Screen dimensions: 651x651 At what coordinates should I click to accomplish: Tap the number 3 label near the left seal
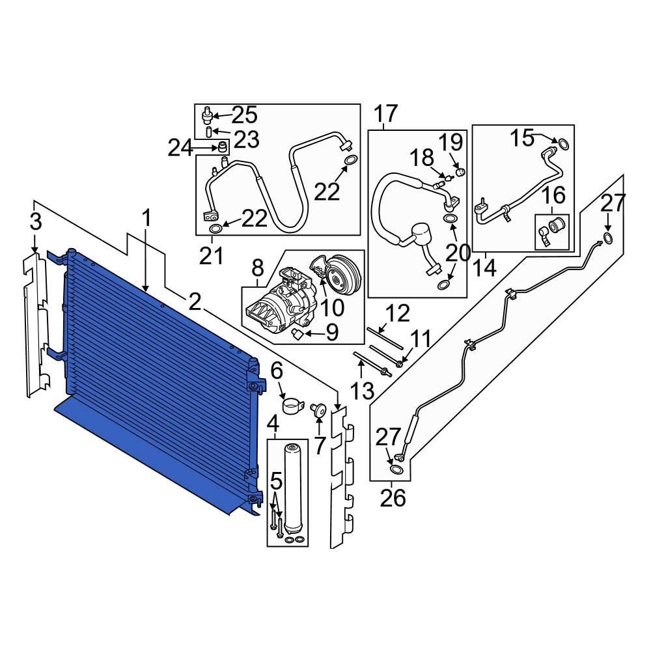click(36, 221)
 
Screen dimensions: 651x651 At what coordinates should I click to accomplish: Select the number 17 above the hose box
click(385, 115)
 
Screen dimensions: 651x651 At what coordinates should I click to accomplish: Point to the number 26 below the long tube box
click(393, 498)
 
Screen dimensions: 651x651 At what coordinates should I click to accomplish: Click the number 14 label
click(485, 267)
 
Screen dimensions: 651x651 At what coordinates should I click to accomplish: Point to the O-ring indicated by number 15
click(563, 144)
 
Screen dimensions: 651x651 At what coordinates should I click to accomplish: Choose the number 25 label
click(245, 115)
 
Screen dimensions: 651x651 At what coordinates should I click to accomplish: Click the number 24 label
click(180, 149)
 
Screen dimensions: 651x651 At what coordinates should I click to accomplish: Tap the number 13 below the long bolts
click(362, 391)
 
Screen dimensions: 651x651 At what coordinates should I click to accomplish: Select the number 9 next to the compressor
click(331, 334)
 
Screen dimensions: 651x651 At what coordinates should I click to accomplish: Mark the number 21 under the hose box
click(211, 257)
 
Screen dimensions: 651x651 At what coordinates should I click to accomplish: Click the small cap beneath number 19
click(460, 172)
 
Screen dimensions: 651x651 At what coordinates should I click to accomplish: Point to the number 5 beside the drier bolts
click(276, 482)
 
